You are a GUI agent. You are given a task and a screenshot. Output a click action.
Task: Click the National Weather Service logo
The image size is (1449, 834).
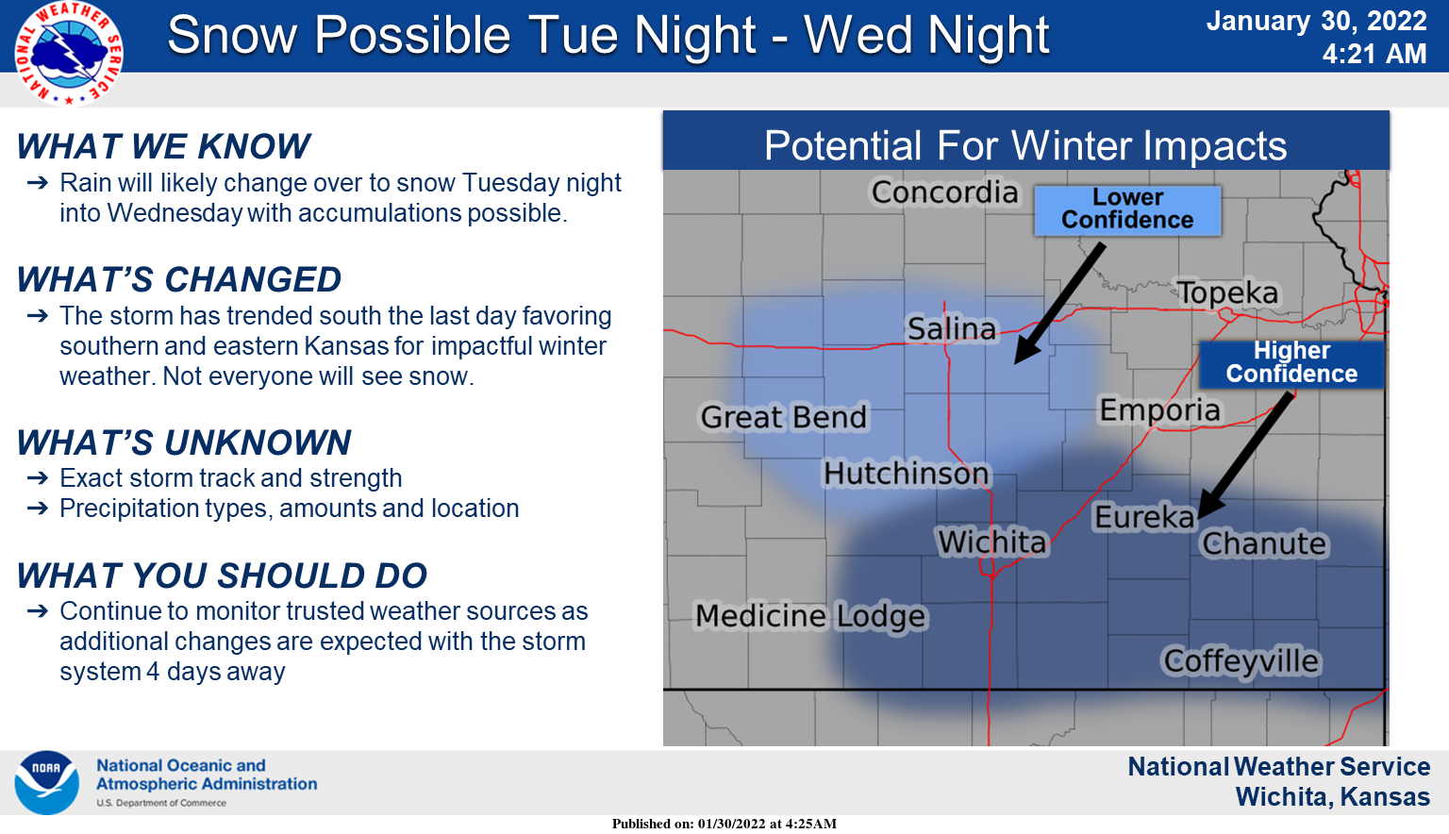[x=68, y=52]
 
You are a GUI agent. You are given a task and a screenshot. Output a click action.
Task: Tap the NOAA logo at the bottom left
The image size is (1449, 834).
[x=46, y=782]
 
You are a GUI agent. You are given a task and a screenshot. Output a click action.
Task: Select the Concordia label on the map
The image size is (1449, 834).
[x=944, y=192]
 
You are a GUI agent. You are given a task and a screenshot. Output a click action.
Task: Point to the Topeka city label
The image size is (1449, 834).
[x=1227, y=292]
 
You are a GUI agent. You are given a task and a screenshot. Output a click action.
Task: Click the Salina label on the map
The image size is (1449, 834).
[x=951, y=328]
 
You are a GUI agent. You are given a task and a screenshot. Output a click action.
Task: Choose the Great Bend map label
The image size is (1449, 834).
[x=783, y=417]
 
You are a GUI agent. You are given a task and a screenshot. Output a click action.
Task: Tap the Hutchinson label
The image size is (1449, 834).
[x=907, y=473]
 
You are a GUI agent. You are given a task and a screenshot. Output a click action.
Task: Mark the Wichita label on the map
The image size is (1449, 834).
[x=992, y=542]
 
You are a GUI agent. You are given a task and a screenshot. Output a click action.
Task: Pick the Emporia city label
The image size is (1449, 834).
[x=1159, y=410]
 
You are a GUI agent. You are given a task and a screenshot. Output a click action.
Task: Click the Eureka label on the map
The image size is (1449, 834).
[x=1144, y=517]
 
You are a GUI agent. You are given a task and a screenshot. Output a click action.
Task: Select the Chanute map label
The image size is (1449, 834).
[x=1264, y=543]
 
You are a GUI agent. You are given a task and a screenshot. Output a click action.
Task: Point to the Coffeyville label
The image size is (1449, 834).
[x=1241, y=661]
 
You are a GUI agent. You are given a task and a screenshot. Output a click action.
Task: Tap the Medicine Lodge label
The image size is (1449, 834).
[x=811, y=616]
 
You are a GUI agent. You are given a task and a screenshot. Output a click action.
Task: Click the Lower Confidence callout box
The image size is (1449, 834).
[x=1127, y=209]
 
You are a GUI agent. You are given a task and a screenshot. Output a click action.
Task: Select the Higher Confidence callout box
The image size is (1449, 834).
[x=1291, y=363]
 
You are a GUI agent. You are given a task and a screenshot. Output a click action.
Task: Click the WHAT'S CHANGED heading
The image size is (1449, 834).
[x=179, y=280]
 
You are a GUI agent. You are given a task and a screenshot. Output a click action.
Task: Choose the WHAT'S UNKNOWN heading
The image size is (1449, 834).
[x=184, y=442]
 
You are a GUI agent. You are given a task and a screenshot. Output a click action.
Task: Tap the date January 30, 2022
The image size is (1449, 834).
[x=1316, y=21]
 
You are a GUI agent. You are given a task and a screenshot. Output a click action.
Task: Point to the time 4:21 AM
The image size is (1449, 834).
[x=1374, y=54]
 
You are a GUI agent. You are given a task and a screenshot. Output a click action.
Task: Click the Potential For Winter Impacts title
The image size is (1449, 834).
[x=1025, y=145]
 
